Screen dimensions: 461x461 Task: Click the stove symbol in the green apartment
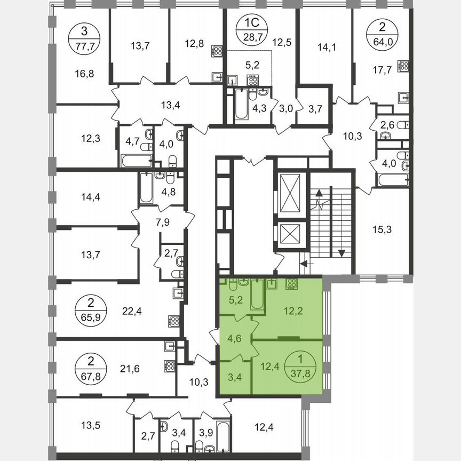point(292,283)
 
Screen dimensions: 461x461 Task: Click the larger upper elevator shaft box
point(291,192)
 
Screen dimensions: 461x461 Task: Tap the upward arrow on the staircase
point(320,200)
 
